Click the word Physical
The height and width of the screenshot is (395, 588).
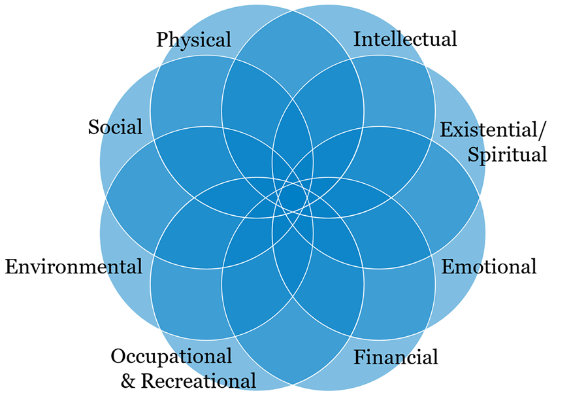click(x=193, y=41)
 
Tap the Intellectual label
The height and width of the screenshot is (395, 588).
click(x=405, y=39)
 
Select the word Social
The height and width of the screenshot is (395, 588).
click(x=115, y=127)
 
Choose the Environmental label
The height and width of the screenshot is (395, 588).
click(x=73, y=267)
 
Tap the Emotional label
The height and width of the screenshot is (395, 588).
click(x=489, y=267)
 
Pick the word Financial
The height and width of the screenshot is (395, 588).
click(x=396, y=358)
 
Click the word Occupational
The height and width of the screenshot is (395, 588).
click(x=171, y=357)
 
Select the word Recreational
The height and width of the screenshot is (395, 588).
click(x=199, y=381)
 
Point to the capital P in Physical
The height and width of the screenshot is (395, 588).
click(x=161, y=40)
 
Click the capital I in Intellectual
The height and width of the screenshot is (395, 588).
click(x=357, y=39)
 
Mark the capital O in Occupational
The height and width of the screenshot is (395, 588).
click(x=118, y=356)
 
